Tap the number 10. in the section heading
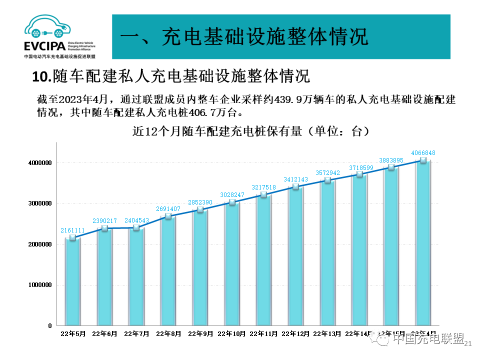[41, 77]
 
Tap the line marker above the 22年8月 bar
[168, 216]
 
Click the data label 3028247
[231, 194]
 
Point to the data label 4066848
[423, 152]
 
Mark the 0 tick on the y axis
[50, 325]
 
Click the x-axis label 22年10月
[232, 333]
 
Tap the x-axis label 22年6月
[105, 333]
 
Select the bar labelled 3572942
[327, 252]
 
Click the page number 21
[468, 343]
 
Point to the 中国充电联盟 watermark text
[428, 340]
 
